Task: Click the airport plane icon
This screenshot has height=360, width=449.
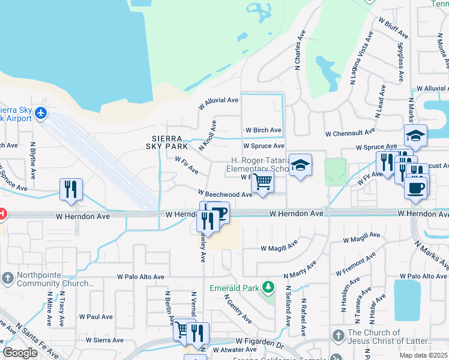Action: coord(41,113)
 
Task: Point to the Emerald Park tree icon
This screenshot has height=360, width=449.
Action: coord(268,288)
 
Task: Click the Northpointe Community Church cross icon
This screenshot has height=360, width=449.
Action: coord(7,278)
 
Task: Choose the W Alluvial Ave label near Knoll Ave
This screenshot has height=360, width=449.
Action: coord(218,101)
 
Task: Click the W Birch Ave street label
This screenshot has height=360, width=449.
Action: coord(263,130)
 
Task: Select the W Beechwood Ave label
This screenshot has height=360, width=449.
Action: coord(226,194)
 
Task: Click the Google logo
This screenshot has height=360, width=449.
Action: coord(20,353)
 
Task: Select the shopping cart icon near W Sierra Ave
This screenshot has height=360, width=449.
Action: coord(181,329)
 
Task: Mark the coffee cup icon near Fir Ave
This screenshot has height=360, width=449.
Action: coord(415,187)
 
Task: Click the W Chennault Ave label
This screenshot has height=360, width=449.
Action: coord(350,132)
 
